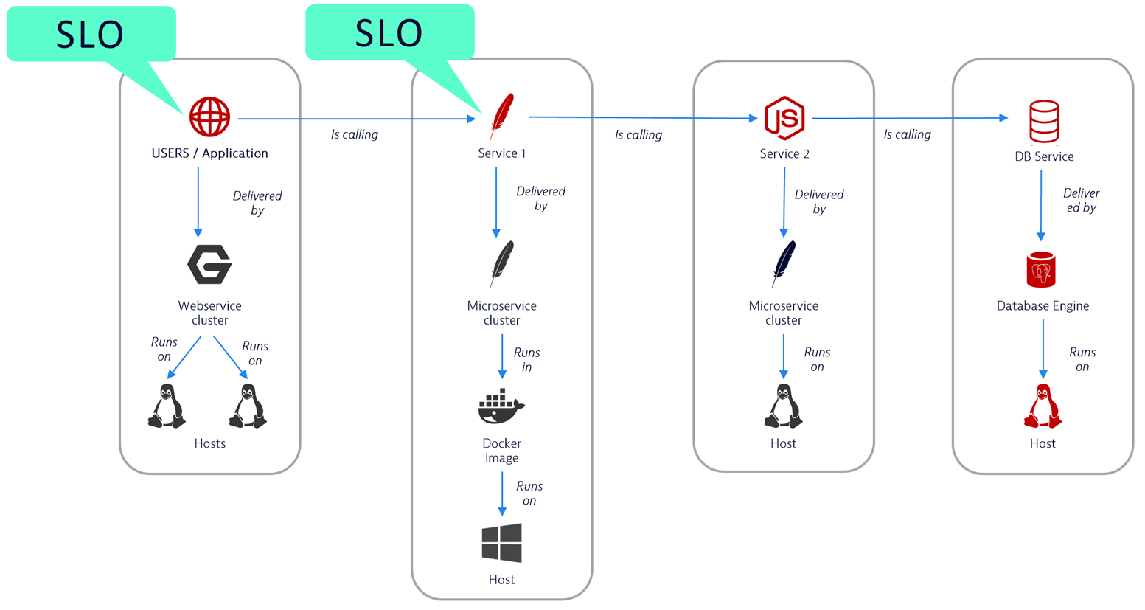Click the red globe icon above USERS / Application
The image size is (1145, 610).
click(209, 117)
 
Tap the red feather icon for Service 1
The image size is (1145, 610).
click(502, 116)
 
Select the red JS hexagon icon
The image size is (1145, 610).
click(784, 118)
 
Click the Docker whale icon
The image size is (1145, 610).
click(501, 407)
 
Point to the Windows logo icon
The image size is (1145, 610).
click(501, 544)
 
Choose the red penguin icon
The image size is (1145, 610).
click(1043, 406)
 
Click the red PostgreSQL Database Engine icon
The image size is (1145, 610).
click(1041, 270)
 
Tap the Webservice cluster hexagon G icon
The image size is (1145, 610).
click(209, 265)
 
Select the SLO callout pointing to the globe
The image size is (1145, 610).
click(91, 34)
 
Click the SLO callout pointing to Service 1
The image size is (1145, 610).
click(389, 32)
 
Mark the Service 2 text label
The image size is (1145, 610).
click(784, 153)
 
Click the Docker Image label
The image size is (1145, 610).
click(501, 451)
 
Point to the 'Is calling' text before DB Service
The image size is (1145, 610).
click(907, 134)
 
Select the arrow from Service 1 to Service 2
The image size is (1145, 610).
click(641, 117)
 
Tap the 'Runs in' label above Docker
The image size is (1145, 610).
click(526, 360)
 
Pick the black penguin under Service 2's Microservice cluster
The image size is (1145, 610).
click(783, 406)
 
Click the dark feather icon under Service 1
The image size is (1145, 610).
click(501, 263)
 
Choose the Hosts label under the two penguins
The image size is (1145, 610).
click(209, 443)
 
